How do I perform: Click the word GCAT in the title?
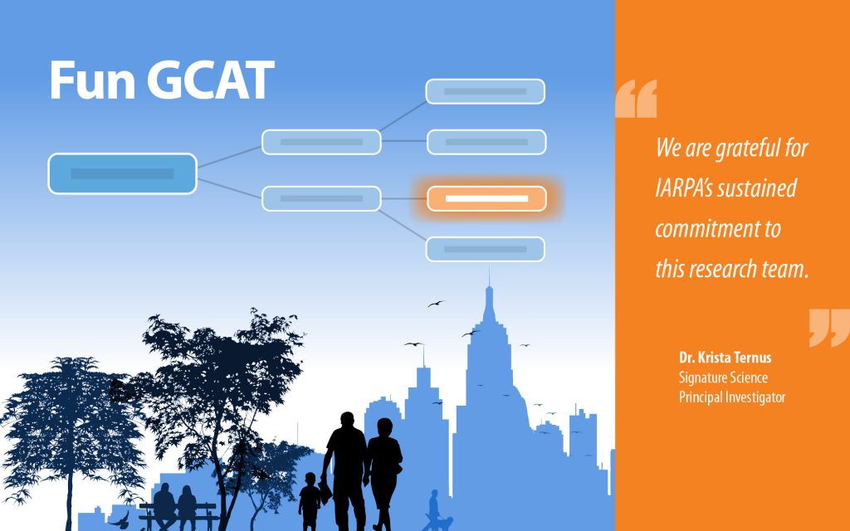tap(211, 80)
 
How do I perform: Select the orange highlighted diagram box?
tap(486, 199)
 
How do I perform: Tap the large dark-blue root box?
tap(123, 173)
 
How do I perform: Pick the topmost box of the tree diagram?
tap(485, 91)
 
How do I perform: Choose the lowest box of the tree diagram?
tap(485, 249)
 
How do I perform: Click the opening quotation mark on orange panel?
tap(636, 99)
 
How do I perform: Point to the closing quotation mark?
tap(829, 328)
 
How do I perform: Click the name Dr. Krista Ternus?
tap(725, 358)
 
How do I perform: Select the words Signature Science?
tap(723, 378)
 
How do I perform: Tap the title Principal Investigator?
tap(732, 397)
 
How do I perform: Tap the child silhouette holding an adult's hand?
tap(310, 502)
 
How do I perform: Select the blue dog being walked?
tap(444, 524)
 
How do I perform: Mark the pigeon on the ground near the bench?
tap(120, 521)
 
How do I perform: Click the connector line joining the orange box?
tap(404, 199)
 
